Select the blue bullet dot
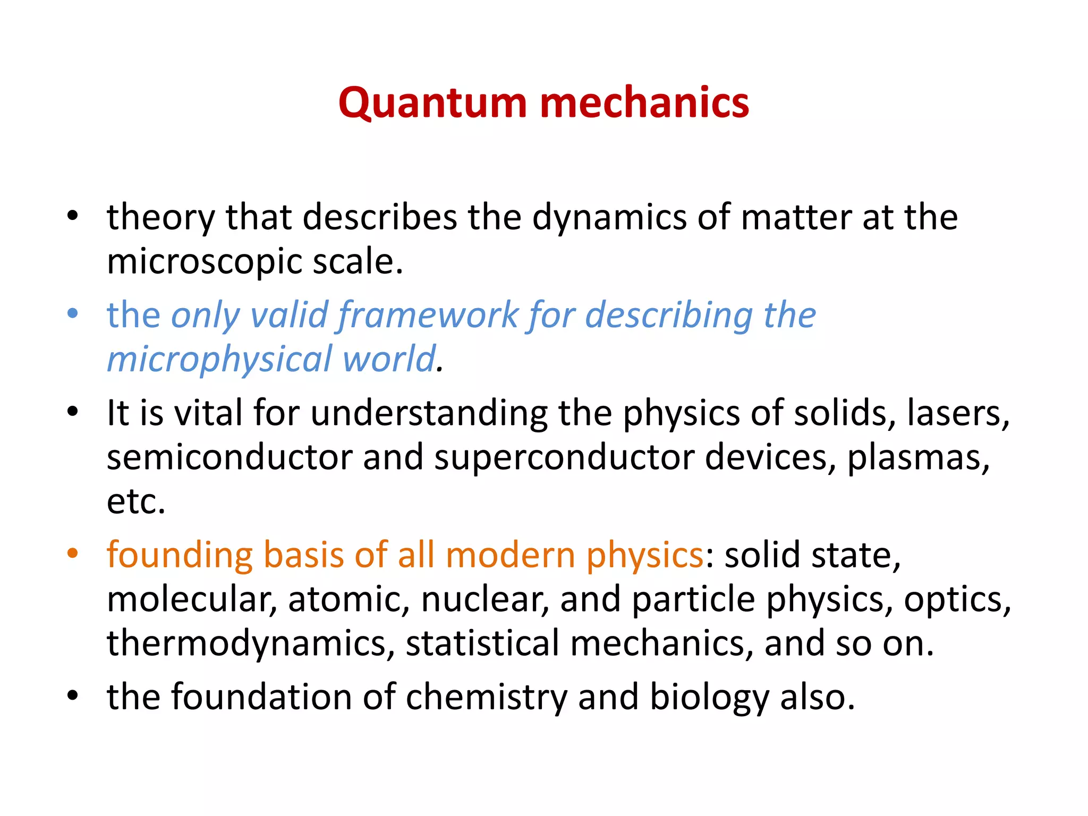[x=73, y=313]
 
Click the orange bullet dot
[x=73, y=553]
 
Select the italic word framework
[x=428, y=315]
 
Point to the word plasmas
[x=918, y=458]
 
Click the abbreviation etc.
[x=136, y=501]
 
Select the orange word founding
[x=180, y=556]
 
